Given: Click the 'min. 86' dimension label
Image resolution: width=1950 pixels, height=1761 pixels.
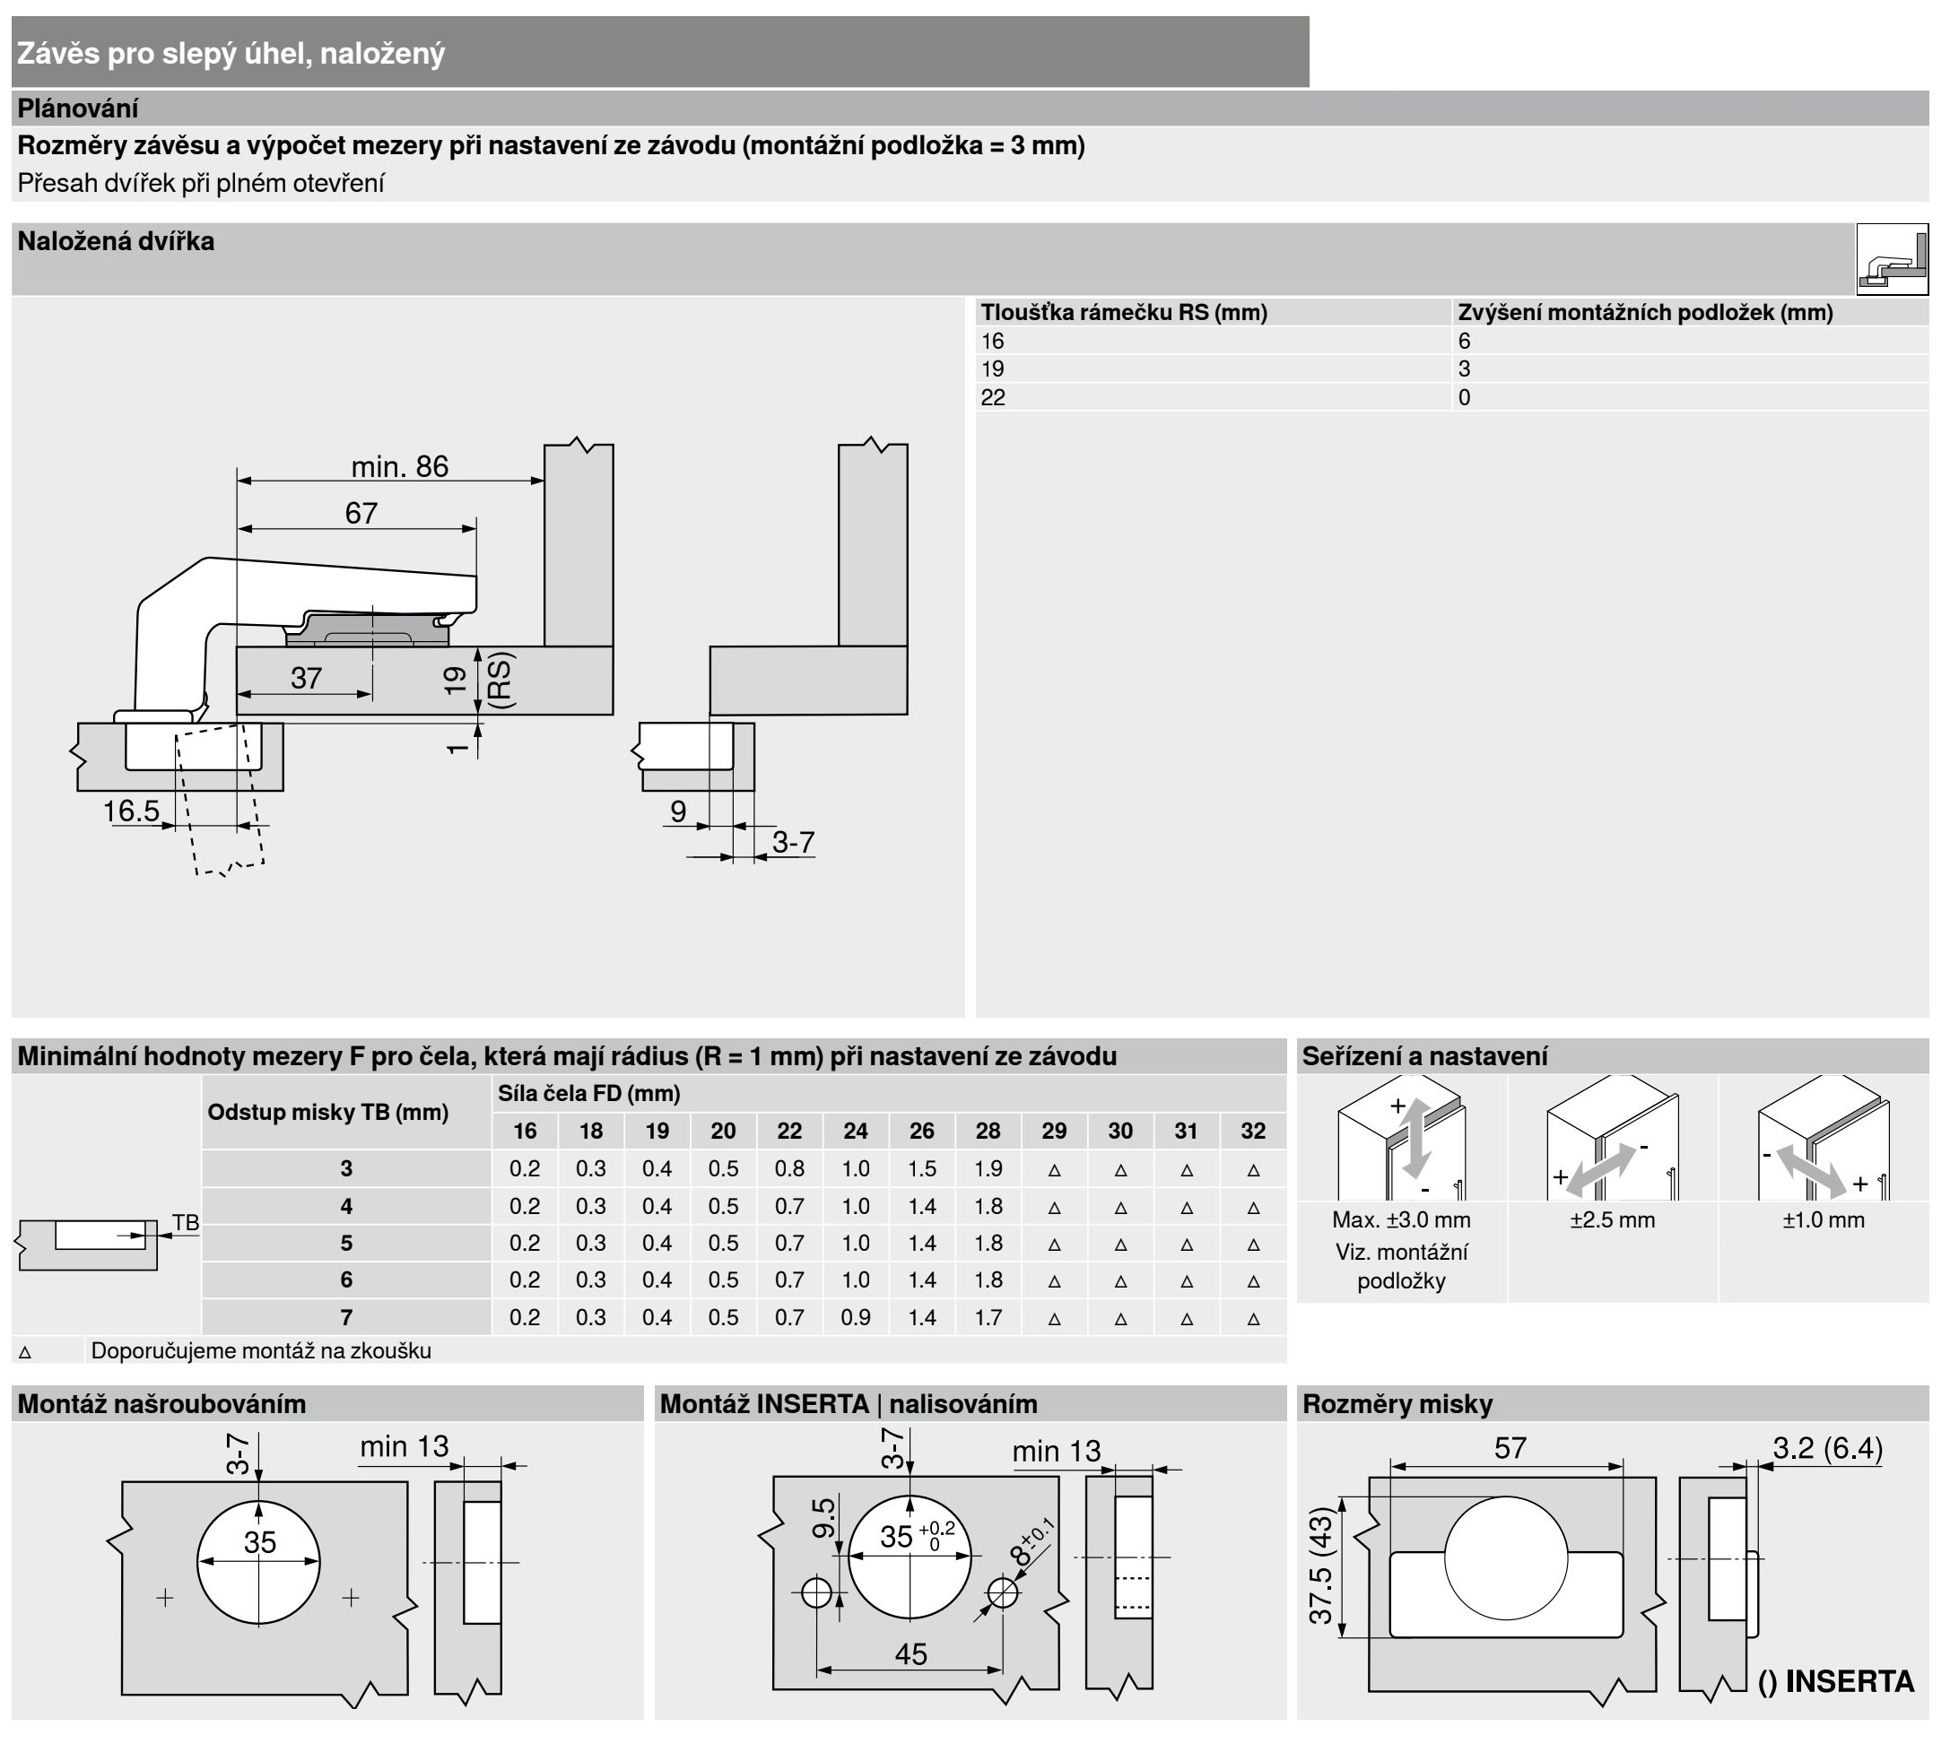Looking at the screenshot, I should pos(399,467).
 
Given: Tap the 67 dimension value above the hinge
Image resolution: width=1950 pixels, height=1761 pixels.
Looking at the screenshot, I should pos(361,513).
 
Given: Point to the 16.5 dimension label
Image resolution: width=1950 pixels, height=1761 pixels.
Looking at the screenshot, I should pos(132,811).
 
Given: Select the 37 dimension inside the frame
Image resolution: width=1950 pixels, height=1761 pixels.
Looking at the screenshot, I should pos(306,678).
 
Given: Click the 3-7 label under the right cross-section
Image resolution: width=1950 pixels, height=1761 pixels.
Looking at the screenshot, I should pos(793,842).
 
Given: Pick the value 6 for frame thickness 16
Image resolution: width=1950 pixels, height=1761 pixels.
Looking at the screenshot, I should pos(1465,342).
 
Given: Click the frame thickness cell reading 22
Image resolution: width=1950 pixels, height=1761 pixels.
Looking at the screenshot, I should pos(992,397).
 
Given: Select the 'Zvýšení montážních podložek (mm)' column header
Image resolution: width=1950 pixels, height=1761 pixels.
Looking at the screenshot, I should pos(1644,312).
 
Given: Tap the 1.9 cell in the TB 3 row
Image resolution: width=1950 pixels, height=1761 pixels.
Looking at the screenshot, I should pos(988,1168).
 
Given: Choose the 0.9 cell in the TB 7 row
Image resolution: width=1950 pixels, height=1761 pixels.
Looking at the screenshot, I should pos(855,1317).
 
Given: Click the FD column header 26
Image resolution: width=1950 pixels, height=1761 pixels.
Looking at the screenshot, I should pos(922,1131).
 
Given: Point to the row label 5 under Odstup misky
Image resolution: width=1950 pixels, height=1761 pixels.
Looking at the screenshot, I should pos(346,1243).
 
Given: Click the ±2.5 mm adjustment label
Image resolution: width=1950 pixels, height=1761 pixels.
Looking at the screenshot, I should pos(1613,1219).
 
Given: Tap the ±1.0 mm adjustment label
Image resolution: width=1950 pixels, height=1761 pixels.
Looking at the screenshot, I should pos(1824,1219).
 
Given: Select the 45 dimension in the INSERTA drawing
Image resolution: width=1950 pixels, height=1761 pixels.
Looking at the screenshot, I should pos(910,1653).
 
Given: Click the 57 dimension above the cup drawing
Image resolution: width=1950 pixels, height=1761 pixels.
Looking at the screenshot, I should pos(1510,1449).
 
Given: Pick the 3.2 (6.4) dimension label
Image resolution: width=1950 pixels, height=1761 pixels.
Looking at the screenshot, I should pos(1827,1449).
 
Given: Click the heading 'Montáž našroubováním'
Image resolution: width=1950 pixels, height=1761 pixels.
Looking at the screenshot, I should pos(161,1404).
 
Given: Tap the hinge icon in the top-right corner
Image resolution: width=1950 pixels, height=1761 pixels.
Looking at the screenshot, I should pos(1892,259).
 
